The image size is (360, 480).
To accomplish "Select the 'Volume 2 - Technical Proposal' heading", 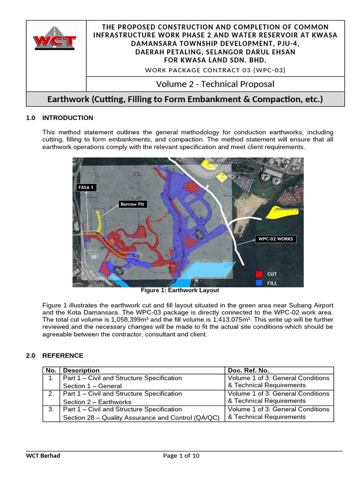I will coord(215,84).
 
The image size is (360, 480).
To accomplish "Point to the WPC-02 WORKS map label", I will coord(276,239).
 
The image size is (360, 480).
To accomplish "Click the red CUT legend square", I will coord(259,274).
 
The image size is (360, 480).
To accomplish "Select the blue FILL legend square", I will coord(259,283).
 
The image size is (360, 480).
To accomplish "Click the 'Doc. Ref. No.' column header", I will coord(248,370).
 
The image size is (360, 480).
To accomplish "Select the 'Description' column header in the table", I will coord(81,370).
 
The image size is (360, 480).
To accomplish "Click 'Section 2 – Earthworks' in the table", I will coord(97,402).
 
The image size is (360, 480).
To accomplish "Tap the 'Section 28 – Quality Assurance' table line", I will coord(141,417).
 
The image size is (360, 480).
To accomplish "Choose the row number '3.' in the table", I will coord(51,409).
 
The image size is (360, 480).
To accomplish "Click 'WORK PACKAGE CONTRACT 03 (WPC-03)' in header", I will coord(215,70).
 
